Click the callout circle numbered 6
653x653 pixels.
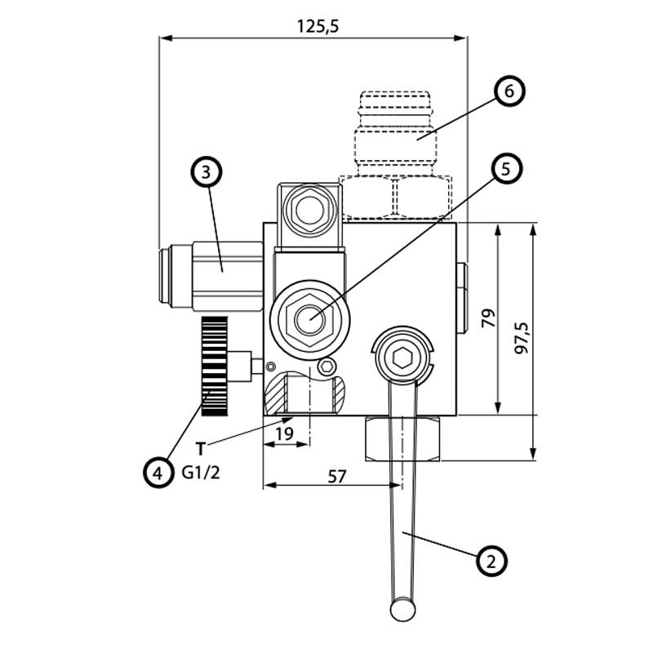(x=508, y=91)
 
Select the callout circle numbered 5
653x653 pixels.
(x=505, y=169)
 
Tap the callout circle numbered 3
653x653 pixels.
(x=206, y=172)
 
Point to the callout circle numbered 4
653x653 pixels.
(x=157, y=471)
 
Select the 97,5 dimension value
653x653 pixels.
(x=522, y=336)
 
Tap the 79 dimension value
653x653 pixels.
(x=489, y=318)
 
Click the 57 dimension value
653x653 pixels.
(x=335, y=477)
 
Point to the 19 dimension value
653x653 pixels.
(x=284, y=434)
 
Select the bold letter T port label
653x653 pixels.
(x=200, y=447)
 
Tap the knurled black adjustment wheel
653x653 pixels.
(x=214, y=366)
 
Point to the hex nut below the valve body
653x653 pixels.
(x=403, y=438)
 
